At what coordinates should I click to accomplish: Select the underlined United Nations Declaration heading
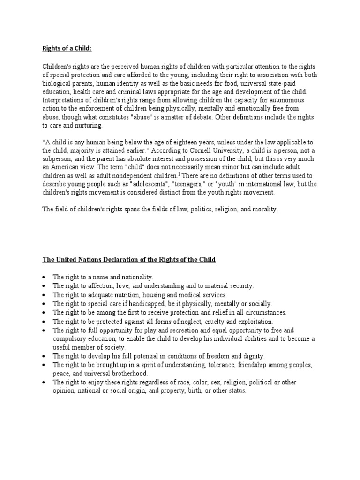coord(129,260)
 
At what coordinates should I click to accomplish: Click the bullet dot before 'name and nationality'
coord(44,277)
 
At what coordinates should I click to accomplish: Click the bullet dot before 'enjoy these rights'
coord(44,382)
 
